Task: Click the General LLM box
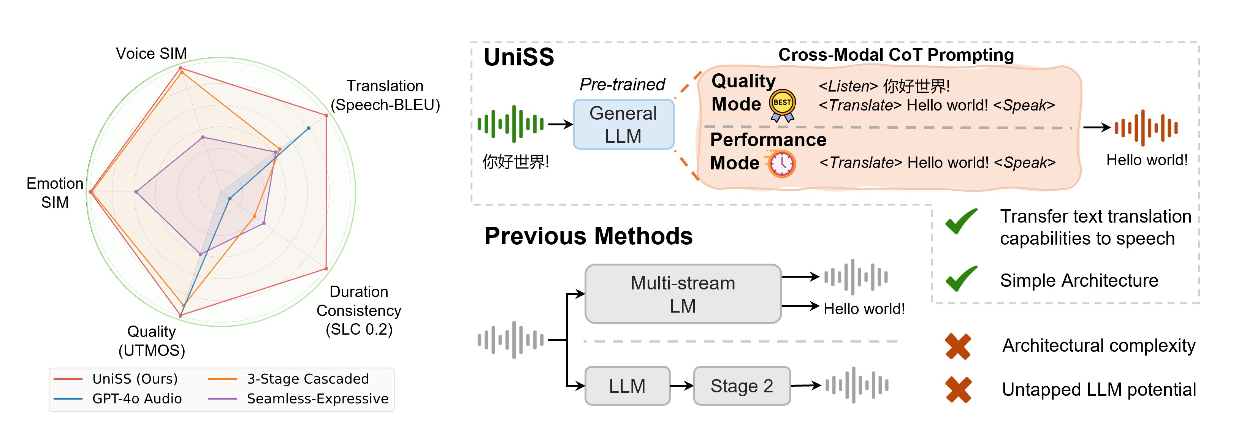623,125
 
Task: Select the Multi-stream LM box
683,294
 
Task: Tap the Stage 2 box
742,386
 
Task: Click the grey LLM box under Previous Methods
627,386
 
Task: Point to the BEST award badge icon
783,104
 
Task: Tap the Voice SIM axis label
151,53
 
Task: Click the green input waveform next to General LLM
511,124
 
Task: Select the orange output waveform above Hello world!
1146,128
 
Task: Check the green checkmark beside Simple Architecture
962,279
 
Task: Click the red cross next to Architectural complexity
958,346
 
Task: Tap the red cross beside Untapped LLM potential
958,389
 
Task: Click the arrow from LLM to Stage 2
682,386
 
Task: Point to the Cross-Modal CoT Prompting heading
896,55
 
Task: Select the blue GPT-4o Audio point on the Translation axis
309,128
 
